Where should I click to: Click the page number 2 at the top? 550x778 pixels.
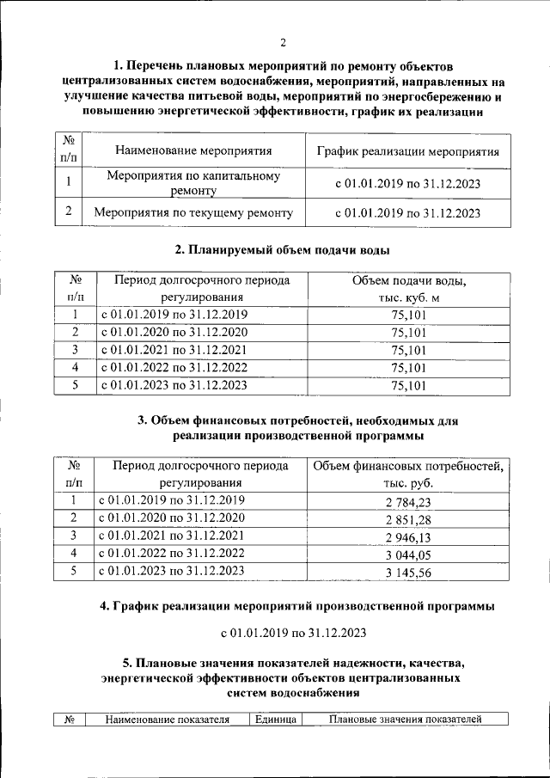[281, 43]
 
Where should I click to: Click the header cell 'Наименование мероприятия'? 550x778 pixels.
[193, 150]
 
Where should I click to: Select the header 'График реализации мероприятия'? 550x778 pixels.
[407, 150]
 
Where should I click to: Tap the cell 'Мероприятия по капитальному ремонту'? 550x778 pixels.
[193, 182]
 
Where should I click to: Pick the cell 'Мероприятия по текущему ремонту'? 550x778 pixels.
[193, 211]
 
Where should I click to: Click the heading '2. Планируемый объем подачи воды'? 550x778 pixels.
[281, 250]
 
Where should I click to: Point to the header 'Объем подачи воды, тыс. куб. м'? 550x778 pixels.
[408, 289]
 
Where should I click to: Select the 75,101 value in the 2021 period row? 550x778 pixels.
[408, 350]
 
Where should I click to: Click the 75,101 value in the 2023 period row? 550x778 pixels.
[408, 386]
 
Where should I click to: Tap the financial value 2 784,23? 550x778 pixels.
[408, 502]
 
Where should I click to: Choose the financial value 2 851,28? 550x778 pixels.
[408, 519]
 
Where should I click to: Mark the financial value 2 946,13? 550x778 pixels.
[408, 536]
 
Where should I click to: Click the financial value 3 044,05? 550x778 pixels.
[408, 554]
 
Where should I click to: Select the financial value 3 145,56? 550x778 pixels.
[408, 573]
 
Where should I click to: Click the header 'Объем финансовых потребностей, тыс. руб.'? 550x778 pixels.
[408, 475]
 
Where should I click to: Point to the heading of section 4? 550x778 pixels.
[297, 606]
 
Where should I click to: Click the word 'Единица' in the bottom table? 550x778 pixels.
[275, 720]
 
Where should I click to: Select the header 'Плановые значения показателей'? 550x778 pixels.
[406, 720]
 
